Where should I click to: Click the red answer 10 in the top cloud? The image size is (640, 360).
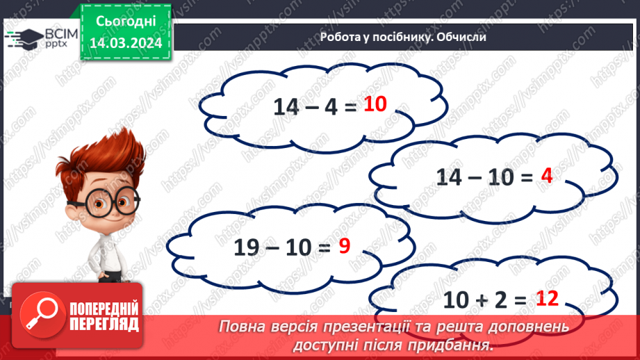(x=375, y=105)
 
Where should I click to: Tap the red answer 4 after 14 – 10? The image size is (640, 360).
(x=546, y=177)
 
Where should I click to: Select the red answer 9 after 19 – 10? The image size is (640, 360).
(x=343, y=245)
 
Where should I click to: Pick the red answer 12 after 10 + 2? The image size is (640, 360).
(x=548, y=299)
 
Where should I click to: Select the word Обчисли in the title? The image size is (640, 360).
(x=461, y=38)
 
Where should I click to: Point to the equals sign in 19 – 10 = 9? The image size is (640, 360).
(x=321, y=247)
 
